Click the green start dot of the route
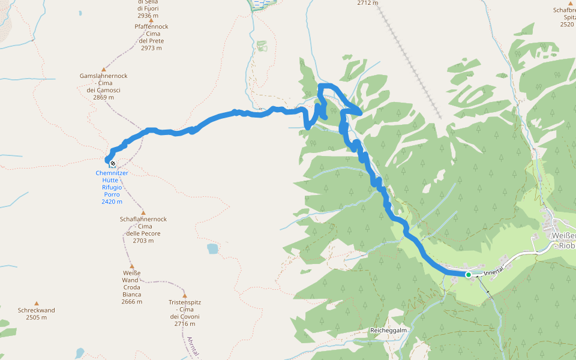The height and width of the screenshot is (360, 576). pos(468,274)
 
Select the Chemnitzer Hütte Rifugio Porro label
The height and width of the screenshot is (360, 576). pos(112,187)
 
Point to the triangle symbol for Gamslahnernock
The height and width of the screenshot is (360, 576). pos(103,69)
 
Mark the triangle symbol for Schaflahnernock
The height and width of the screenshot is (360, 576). pos(143,212)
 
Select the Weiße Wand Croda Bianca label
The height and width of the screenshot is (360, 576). pos(131,287)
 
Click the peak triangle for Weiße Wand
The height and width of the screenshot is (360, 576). pos(131,266)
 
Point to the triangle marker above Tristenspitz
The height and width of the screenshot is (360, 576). pos(184,296)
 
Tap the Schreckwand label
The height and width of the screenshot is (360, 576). pos(37,314)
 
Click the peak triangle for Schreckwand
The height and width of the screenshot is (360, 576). pos(37,303)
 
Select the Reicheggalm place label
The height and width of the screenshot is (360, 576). pos(389,331)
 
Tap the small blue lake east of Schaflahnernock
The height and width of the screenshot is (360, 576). pos(212,248)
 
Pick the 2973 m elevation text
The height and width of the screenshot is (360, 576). pos(151,48)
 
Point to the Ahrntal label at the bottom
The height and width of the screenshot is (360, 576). pos(193,347)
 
